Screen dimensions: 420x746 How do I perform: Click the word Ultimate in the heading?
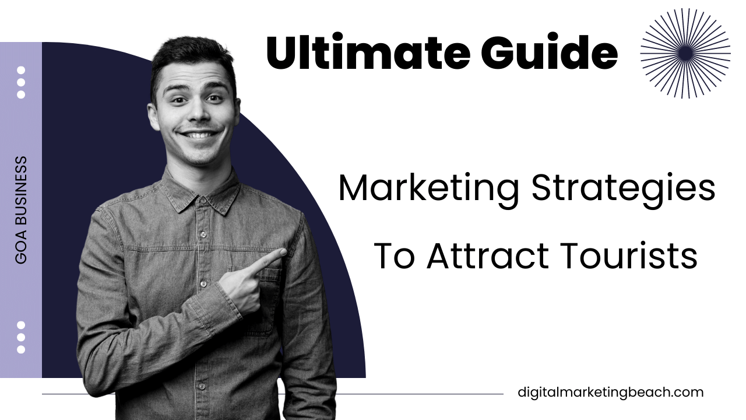[x=368, y=53]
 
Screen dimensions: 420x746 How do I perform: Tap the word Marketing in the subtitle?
[x=428, y=188]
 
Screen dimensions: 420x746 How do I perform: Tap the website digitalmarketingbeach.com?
[x=610, y=393]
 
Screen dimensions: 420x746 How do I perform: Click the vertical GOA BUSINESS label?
[x=21, y=210]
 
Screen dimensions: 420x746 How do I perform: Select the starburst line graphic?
[x=685, y=53]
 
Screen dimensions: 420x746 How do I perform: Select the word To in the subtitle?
[x=393, y=256]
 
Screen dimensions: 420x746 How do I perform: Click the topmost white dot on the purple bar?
[x=21, y=70]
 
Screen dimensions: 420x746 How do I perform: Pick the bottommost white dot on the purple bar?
[x=21, y=349]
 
